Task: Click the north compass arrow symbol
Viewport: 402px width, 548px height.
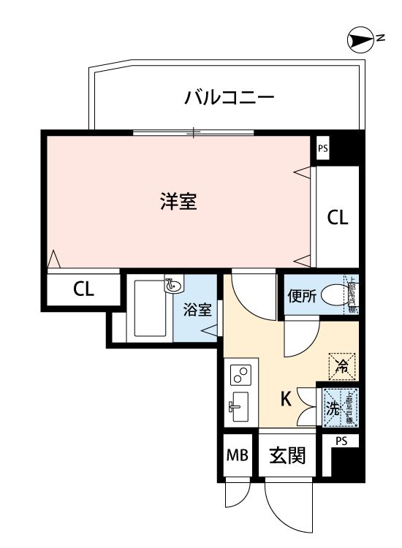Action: tap(359, 42)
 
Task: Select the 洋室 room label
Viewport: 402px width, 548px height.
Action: tap(178, 201)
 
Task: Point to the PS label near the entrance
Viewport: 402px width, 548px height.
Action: tap(341, 441)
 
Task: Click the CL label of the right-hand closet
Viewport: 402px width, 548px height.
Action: tap(337, 217)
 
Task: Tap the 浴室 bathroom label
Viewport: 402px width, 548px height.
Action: tap(197, 309)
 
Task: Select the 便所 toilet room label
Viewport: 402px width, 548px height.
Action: tap(301, 296)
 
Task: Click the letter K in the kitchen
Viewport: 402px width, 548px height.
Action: tap(287, 400)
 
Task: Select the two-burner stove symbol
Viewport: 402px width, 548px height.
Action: tap(239, 375)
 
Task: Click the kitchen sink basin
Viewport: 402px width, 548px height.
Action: tap(239, 406)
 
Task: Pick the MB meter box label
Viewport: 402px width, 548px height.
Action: tap(236, 456)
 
